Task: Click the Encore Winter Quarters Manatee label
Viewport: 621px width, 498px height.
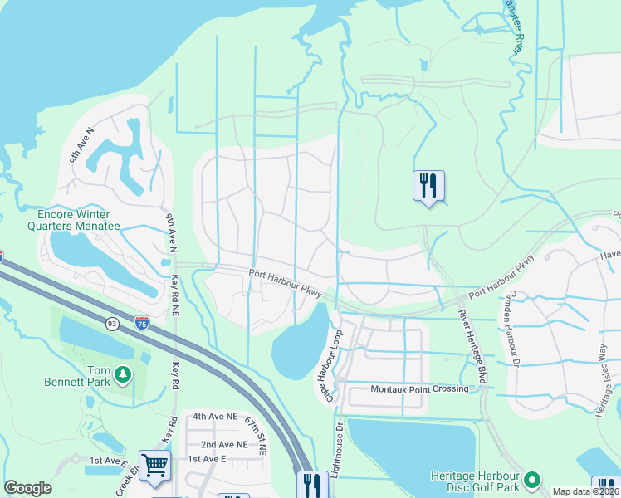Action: [79, 219]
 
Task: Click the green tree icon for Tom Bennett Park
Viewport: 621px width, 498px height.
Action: [123, 375]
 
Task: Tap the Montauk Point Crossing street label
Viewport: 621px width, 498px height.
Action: [408, 388]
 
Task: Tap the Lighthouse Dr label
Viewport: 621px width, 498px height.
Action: [339, 449]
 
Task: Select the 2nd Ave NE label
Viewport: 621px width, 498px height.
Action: [218, 444]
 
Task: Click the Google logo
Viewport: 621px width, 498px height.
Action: [28, 488]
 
